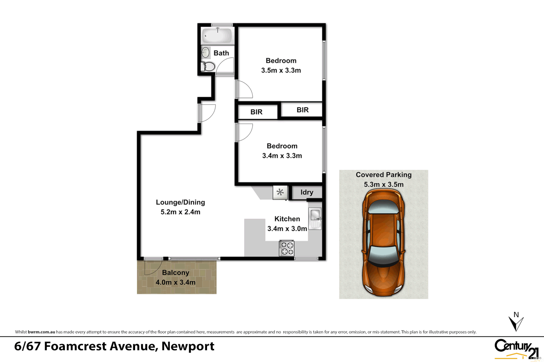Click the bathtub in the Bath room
point(217,36)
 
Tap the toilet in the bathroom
point(208,67)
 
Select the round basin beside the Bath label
point(206,52)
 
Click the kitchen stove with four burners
point(287,248)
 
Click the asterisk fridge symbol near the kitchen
point(280,192)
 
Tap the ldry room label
point(306,192)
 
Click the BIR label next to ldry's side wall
point(302,110)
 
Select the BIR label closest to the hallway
point(256,112)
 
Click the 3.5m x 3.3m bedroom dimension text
point(281,70)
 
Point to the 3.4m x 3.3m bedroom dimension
point(282,156)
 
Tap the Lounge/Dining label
point(180,202)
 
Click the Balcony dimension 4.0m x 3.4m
point(175,282)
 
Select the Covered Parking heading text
point(383,175)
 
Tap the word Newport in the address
point(188,346)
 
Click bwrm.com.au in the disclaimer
point(41,332)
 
